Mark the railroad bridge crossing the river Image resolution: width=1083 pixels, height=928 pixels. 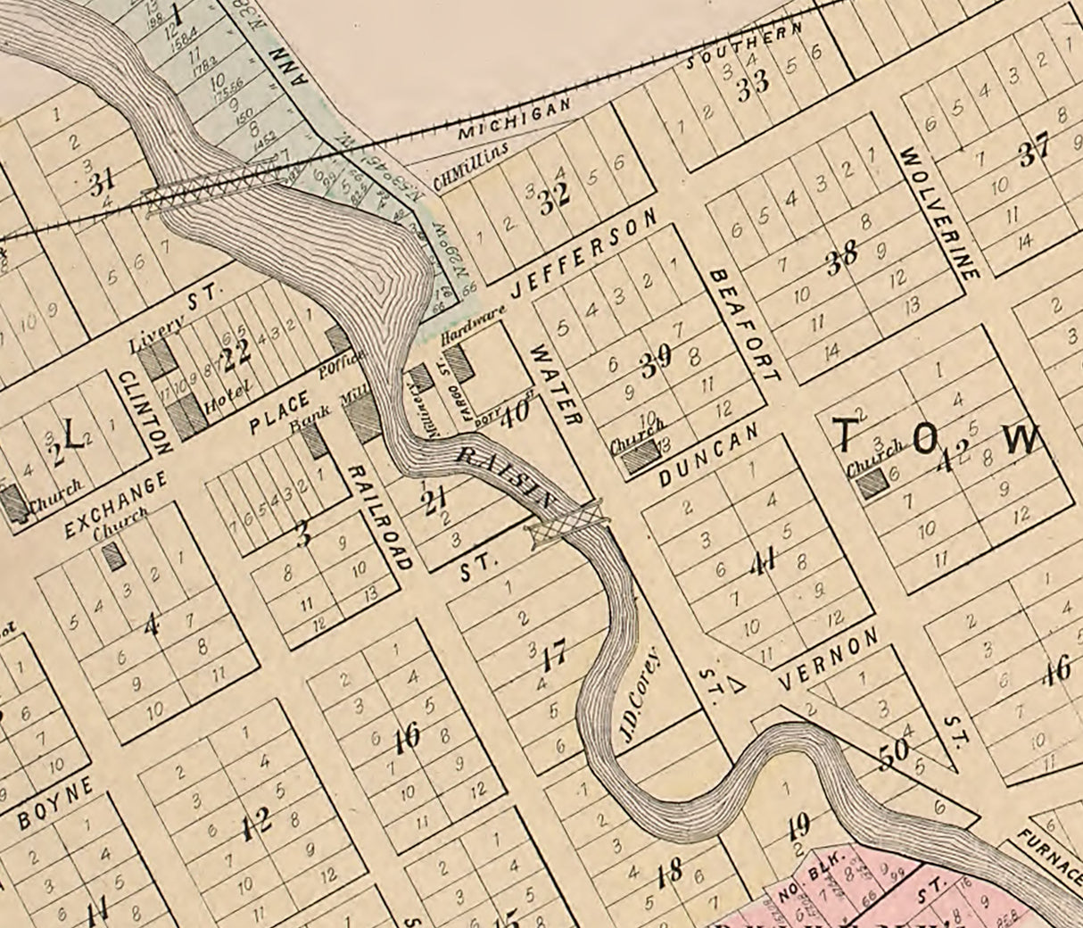click(214, 190)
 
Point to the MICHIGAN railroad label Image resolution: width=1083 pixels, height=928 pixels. click(513, 119)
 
